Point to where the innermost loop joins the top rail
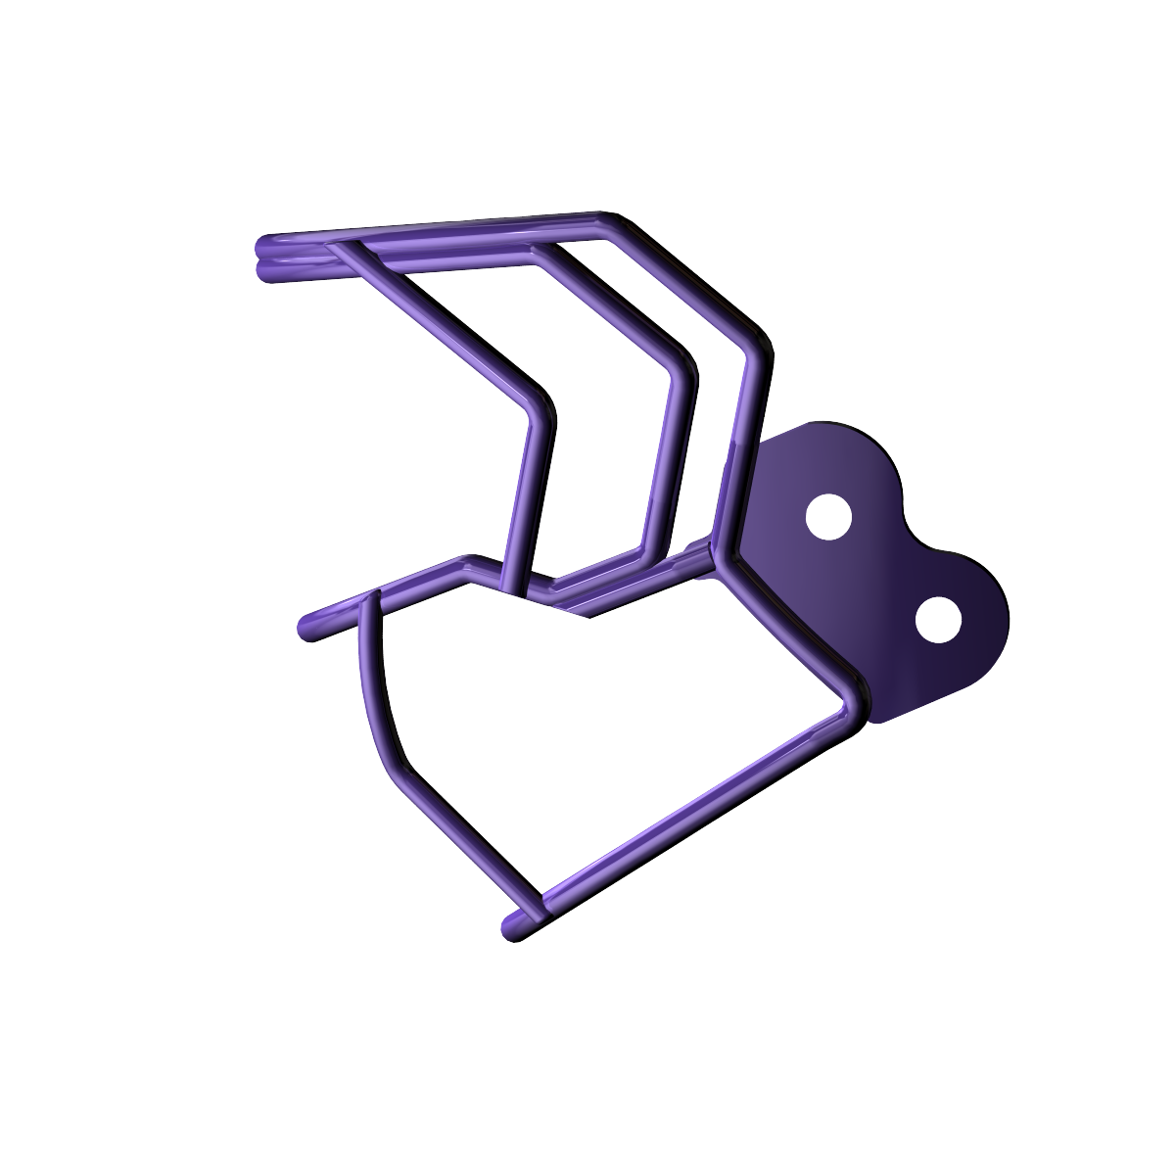pos(343,249)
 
